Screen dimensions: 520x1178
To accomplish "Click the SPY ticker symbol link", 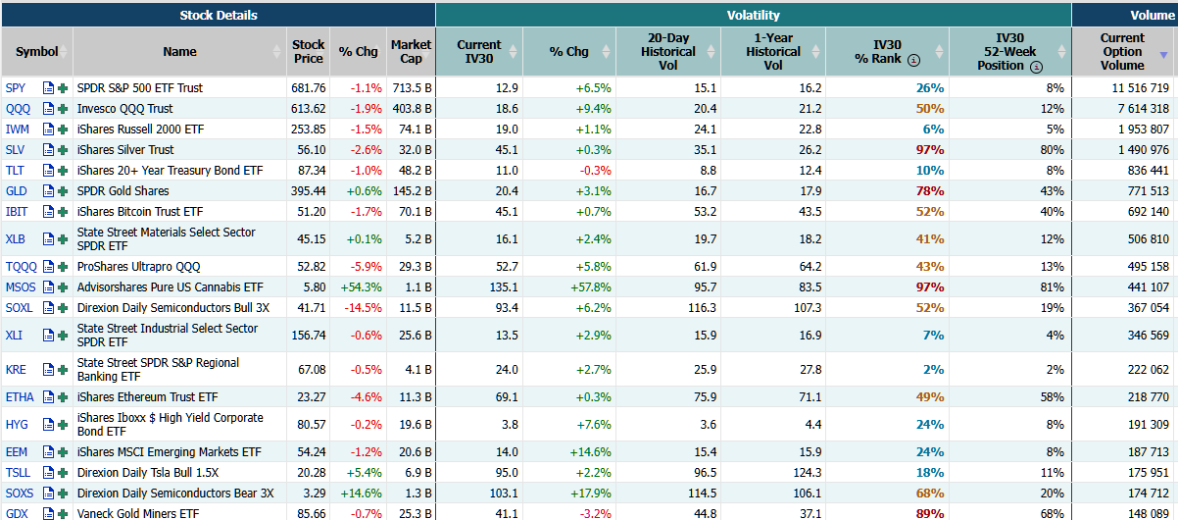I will coord(16,88).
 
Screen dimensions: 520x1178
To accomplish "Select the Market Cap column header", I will coord(411,51).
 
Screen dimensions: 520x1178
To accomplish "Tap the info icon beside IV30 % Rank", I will coord(913,60).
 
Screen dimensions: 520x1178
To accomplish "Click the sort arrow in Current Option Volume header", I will coord(1163,56).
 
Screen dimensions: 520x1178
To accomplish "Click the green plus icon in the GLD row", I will coord(63,191).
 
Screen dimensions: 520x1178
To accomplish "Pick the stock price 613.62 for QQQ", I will coord(308,109).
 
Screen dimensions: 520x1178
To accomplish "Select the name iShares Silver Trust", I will coord(125,150).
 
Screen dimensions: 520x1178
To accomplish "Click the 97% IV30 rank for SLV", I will coord(929,150).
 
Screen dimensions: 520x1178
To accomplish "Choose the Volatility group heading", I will coord(753,15).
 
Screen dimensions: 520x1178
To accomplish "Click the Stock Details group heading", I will coord(219,15).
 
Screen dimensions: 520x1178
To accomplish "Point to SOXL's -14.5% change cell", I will coord(361,308).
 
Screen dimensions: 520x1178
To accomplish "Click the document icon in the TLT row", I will coord(48,171).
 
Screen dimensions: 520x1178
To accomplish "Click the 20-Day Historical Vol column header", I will coord(667,51).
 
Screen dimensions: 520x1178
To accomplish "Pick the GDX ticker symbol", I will coord(17,514).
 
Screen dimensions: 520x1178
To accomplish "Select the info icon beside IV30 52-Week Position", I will coord(1036,67).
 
